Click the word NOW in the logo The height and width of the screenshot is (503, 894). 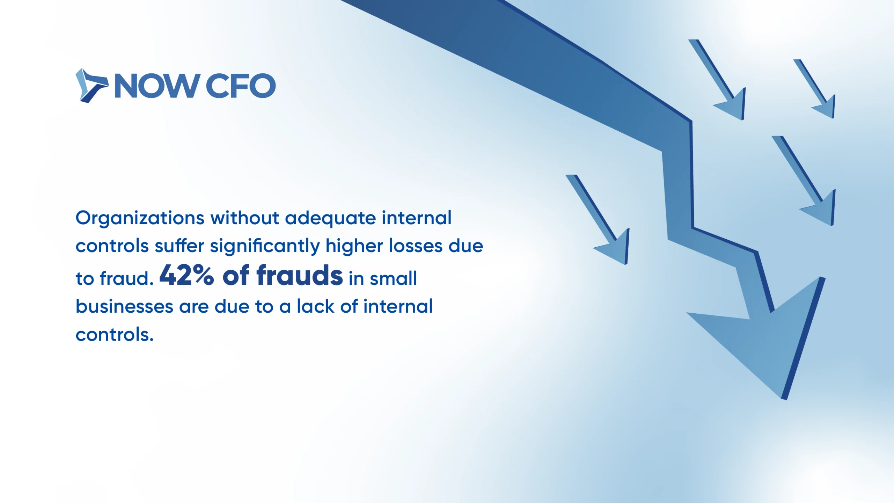click(x=157, y=86)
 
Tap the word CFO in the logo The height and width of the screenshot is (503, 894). click(x=241, y=86)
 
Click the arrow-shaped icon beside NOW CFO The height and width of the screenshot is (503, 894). click(x=91, y=86)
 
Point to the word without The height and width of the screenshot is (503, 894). click(x=244, y=218)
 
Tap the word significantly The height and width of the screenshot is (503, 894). click(x=265, y=246)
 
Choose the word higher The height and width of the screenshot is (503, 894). click(x=354, y=246)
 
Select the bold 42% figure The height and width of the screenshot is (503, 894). click(x=186, y=275)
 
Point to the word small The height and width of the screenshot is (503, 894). click(x=393, y=278)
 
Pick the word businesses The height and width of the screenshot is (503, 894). click(x=124, y=306)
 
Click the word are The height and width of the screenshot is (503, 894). click(x=194, y=308)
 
